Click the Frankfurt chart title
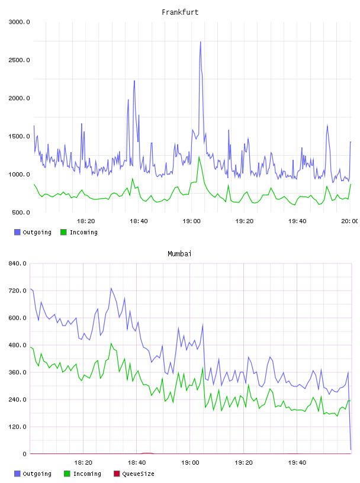(180, 12)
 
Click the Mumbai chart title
(179, 254)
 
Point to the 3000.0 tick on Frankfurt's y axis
(19, 22)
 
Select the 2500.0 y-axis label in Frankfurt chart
(19, 60)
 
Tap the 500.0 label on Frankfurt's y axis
(21, 212)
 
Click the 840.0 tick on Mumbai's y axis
(17, 263)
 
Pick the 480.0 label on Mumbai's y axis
(17, 345)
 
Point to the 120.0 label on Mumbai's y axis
(17, 427)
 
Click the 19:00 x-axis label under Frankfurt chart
(191, 221)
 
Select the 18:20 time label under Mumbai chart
(83, 463)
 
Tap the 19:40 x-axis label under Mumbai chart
(297, 463)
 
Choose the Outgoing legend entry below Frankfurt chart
(33, 232)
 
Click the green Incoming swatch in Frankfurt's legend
(63, 232)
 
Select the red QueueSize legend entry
(134, 474)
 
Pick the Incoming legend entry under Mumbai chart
(83, 474)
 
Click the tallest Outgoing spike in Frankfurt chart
(200, 42)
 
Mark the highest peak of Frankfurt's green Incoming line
(199, 157)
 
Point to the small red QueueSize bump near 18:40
(147, 453)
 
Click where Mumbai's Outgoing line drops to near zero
(351, 450)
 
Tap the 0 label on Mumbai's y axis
(25, 454)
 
